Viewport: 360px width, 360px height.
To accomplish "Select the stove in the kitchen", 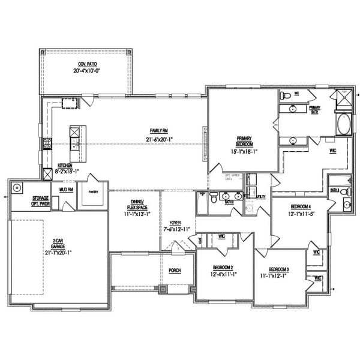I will pyautogui.click(x=47, y=143).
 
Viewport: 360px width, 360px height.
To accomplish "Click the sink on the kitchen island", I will pyautogui.click(x=76, y=142).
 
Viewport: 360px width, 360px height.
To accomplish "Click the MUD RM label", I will pyautogui.click(x=66, y=189).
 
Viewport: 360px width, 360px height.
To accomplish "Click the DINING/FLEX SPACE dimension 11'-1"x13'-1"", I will pyautogui.click(x=135, y=214).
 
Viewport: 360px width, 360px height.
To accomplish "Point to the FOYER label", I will pyautogui.click(x=175, y=222).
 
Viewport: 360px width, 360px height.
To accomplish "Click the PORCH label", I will pyautogui.click(x=175, y=270).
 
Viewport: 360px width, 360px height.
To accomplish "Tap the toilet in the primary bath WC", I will pyautogui.click(x=287, y=95).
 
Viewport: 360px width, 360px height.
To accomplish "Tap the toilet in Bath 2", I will pyautogui.click(x=203, y=196).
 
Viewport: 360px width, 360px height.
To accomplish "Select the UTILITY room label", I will pyautogui.click(x=260, y=196).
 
